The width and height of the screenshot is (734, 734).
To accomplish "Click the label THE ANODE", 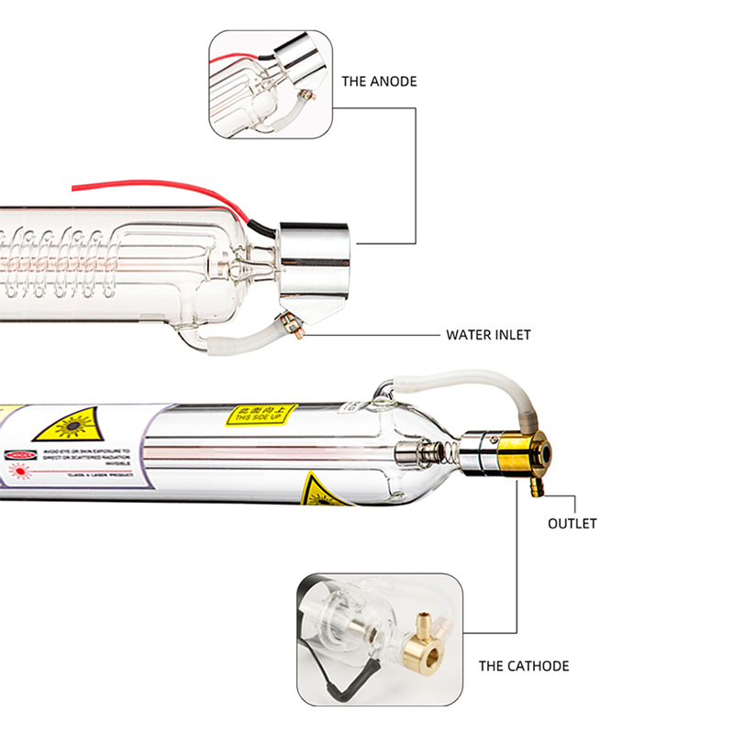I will pyautogui.click(x=379, y=82).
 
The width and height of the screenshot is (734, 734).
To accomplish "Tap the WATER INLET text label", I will pyautogui.click(x=488, y=335).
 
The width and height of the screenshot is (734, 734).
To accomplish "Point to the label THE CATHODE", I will pyautogui.click(x=523, y=666).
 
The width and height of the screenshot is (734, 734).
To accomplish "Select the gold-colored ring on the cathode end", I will pyautogui.click(x=520, y=453).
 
